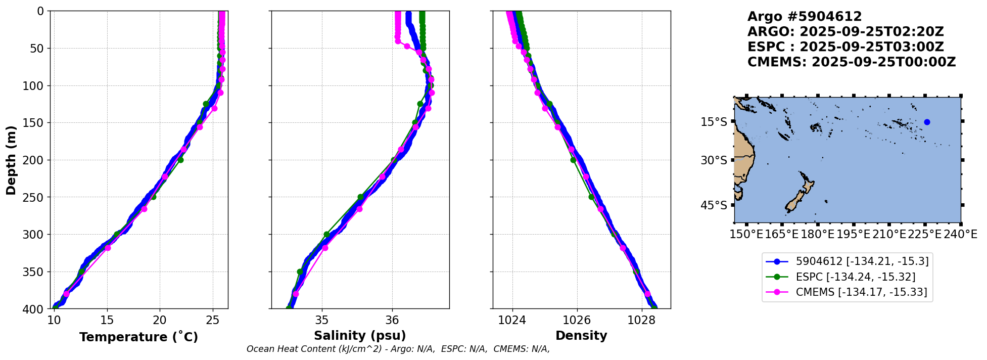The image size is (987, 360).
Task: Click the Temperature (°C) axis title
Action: pyautogui.click(x=138, y=337)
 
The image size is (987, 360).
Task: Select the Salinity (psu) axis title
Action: pyautogui.click(x=360, y=336)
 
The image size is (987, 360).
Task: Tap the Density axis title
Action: pyautogui.click(x=581, y=336)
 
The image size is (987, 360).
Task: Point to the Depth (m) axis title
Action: pyautogui.click(x=11, y=160)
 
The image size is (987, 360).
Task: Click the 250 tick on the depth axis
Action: pyautogui.click(x=36, y=197)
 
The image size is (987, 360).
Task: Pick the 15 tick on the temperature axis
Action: pyautogui.click(x=107, y=320)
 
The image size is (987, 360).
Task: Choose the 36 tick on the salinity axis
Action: pyautogui.click(x=392, y=320)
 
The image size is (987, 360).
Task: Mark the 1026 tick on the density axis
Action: pyautogui.click(x=577, y=320)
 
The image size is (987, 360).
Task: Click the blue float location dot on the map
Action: pyautogui.click(x=927, y=122)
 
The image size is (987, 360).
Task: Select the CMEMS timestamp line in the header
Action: pyautogui.click(x=852, y=62)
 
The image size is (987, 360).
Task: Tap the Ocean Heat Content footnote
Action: pyautogui.click(x=398, y=349)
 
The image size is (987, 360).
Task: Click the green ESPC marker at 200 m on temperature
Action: pyautogui.click(x=180, y=160)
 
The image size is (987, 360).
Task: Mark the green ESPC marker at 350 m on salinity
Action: pyautogui.click(x=300, y=272)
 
